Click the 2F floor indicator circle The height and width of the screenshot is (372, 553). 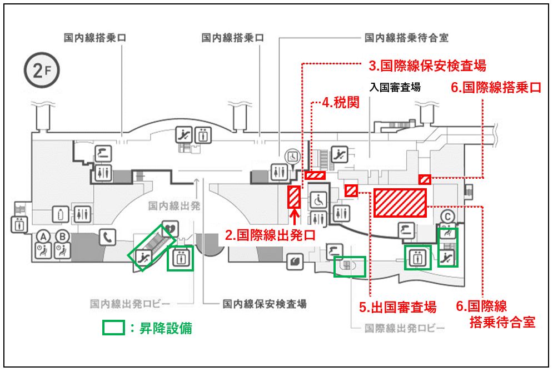click(42, 71)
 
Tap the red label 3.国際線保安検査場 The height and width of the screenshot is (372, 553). click(427, 66)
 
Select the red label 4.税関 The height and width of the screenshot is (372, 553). click(341, 103)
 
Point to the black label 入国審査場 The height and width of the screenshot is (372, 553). click(395, 87)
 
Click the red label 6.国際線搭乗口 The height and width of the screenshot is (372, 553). click(496, 87)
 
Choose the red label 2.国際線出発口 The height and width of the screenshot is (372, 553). click(270, 235)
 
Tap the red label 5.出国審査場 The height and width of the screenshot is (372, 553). click(398, 307)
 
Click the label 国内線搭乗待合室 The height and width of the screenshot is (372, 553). click(406, 38)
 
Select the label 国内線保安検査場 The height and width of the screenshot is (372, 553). click(265, 304)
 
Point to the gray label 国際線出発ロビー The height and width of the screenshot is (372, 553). click(405, 328)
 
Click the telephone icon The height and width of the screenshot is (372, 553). click(108, 238)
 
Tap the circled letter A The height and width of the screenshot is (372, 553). click(43, 237)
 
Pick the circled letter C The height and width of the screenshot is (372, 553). click(447, 217)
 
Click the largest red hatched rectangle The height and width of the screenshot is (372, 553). click(400, 203)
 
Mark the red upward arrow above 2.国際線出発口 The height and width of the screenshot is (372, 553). click(295, 217)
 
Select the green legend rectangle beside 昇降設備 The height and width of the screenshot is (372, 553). click(113, 327)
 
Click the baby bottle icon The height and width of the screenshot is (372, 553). click(61, 214)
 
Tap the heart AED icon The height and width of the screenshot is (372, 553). click(170, 229)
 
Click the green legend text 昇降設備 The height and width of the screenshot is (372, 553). click(166, 328)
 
